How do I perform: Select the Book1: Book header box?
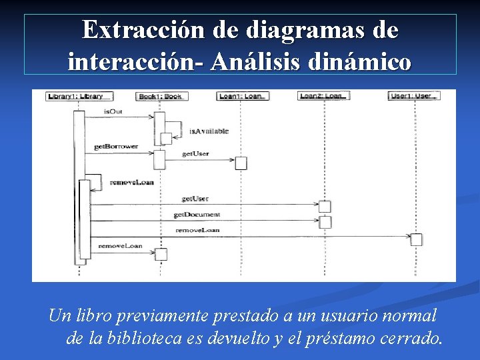tap(160, 96)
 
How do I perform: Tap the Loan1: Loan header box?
tap(243, 96)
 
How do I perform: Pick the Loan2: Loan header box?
tap(324, 96)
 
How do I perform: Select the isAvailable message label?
tap(209, 131)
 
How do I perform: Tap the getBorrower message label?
tap(115, 146)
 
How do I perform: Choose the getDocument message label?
tap(197, 215)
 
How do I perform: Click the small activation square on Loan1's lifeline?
tap(241, 163)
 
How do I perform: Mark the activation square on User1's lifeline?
tap(416, 240)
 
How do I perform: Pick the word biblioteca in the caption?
tap(161, 339)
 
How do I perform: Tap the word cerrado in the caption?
tap(409, 339)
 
